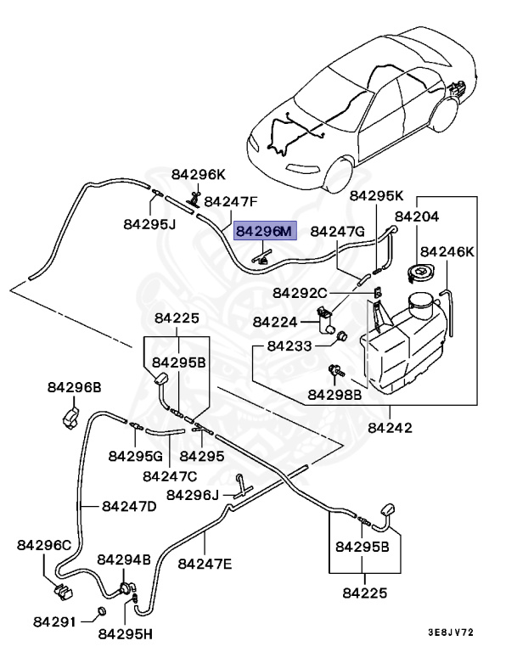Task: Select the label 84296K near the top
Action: (198, 174)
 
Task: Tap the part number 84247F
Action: (230, 202)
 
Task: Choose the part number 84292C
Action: (299, 293)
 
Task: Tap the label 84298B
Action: (334, 394)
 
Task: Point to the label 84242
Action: (390, 428)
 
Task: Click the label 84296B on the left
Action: (74, 387)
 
